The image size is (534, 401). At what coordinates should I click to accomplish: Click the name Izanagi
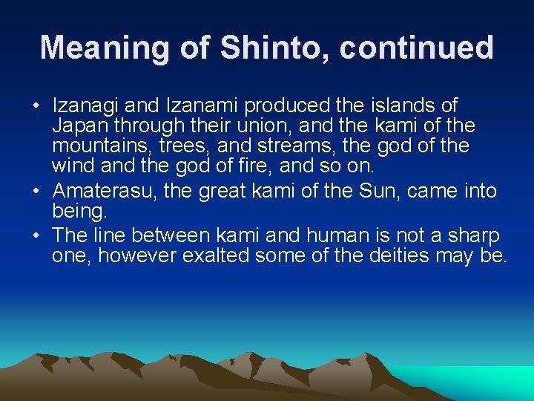tap(85, 106)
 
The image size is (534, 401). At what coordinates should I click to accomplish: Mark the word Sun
tap(380, 192)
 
